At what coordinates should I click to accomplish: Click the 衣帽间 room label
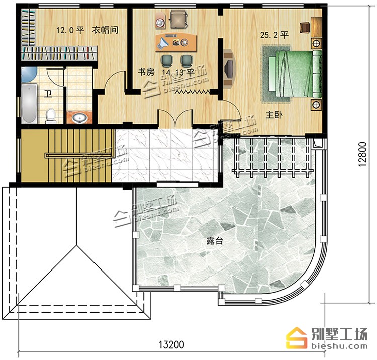(x=106, y=30)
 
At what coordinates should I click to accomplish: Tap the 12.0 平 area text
(x=70, y=30)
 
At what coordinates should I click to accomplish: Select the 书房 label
(x=146, y=72)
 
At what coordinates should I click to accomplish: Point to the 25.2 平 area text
(x=274, y=35)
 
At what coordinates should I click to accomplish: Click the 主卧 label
(x=274, y=115)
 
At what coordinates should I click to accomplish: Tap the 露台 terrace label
(x=215, y=241)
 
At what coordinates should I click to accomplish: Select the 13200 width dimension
(x=171, y=344)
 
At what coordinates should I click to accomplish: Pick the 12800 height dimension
(x=362, y=154)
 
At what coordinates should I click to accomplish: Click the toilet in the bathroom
(x=50, y=116)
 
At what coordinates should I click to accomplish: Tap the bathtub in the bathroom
(x=29, y=104)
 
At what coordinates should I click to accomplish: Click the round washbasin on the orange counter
(x=79, y=118)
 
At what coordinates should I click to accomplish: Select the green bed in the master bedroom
(x=295, y=73)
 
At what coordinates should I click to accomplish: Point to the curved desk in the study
(x=176, y=42)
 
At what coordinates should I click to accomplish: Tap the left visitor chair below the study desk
(x=167, y=61)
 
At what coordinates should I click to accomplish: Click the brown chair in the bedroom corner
(x=305, y=27)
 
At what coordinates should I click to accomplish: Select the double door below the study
(x=175, y=118)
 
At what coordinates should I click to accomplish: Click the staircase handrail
(x=79, y=155)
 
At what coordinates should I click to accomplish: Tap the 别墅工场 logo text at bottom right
(x=339, y=334)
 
